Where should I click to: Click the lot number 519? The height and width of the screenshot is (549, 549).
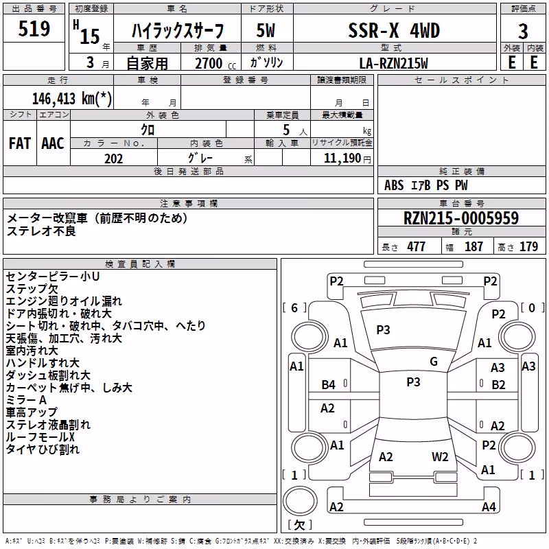coord(34,29)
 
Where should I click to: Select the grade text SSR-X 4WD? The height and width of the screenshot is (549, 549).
coord(394,30)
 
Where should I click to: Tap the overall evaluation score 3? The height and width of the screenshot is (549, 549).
coord(523,32)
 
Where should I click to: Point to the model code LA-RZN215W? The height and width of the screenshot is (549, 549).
coord(394,63)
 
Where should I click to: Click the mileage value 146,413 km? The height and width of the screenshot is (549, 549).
coord(72,99)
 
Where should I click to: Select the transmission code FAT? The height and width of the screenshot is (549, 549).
coord(20,143)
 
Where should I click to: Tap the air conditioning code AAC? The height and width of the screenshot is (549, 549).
coord(53,143)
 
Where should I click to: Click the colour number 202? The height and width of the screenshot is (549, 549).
coord(114,159)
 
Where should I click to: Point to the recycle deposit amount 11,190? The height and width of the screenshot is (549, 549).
coord(342,159)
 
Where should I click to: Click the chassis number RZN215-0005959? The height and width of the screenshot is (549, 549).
coord(461,218)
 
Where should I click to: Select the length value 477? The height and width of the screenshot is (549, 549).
coord(417,246)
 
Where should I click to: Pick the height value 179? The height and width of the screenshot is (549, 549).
coord(528,246)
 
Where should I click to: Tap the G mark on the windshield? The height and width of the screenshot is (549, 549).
coord(434,362)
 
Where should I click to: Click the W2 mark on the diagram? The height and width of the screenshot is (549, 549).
coord(440,457)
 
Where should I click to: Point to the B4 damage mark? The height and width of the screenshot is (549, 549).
coord(329,385)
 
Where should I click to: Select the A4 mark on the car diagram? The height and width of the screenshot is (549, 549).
coord(489,506)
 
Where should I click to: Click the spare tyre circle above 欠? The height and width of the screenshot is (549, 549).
coord(300,501)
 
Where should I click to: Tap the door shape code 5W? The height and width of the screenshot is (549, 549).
coord(266,30)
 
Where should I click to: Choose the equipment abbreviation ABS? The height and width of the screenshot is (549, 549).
coord(394,185)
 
